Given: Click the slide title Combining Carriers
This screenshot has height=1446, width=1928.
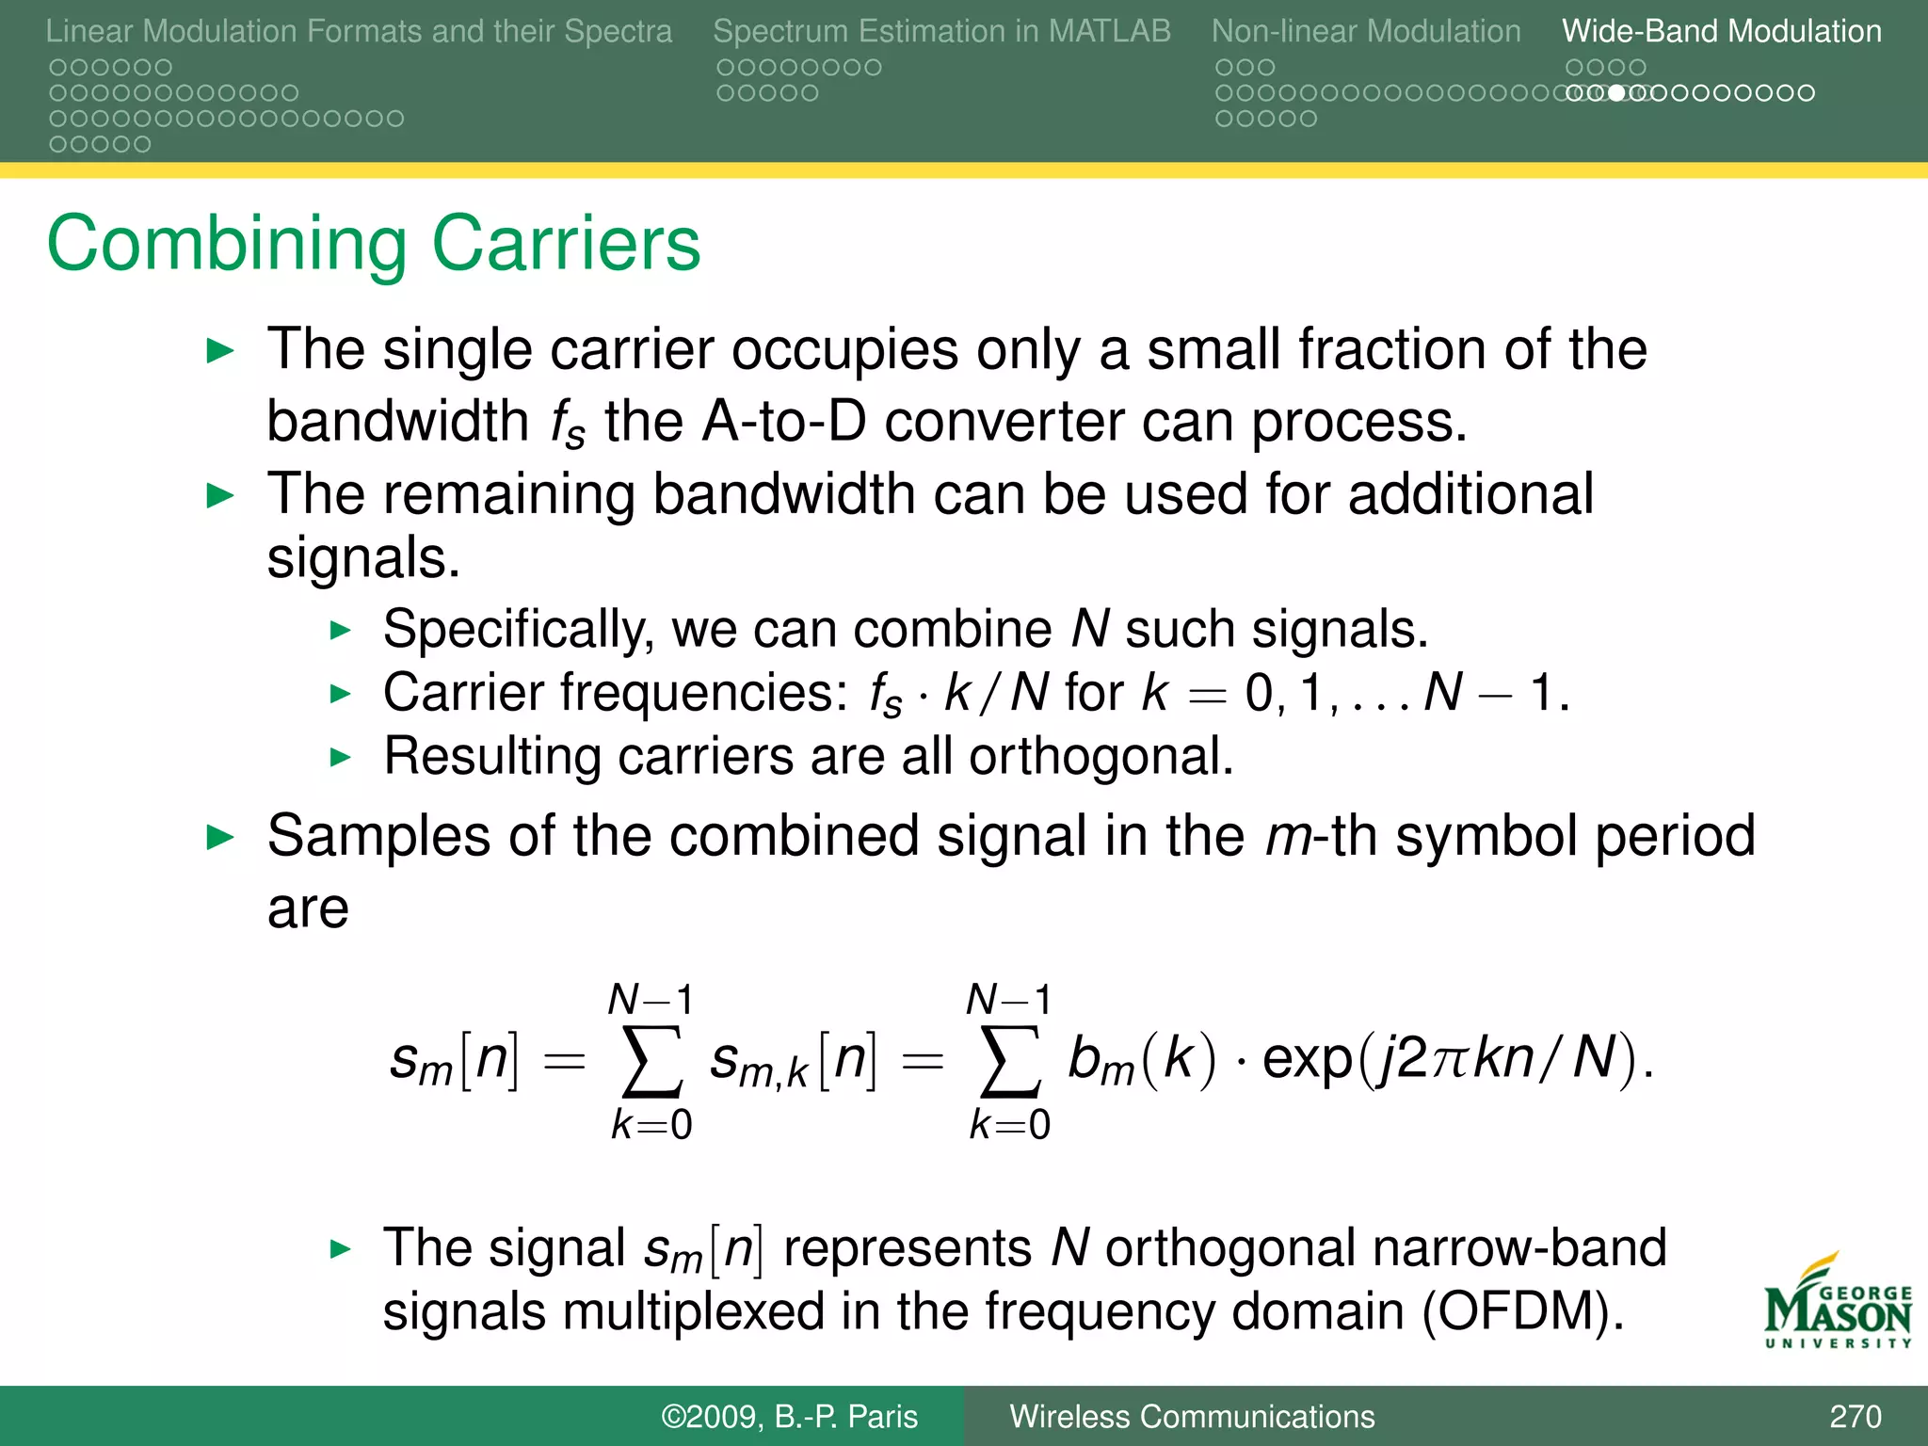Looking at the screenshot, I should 374,244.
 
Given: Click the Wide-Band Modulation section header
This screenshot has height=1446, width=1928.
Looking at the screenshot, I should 1721,31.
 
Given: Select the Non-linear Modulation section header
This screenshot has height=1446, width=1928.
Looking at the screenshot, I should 1365,31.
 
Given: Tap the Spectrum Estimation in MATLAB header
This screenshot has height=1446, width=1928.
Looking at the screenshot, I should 941,31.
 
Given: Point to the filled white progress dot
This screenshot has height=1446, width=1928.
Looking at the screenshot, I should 1616,93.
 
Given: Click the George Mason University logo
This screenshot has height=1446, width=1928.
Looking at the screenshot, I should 1838,1304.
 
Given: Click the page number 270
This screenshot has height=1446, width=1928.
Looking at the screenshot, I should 1855,1416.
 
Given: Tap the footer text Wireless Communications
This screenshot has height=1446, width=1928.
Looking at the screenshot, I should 1192,1416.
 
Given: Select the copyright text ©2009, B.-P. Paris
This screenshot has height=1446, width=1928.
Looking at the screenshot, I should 789,1416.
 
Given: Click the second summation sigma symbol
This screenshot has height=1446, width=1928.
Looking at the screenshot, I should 1009,1061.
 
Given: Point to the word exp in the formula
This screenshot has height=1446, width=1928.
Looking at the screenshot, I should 1307,1059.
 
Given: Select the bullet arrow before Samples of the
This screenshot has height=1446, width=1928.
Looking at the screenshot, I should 220,836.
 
